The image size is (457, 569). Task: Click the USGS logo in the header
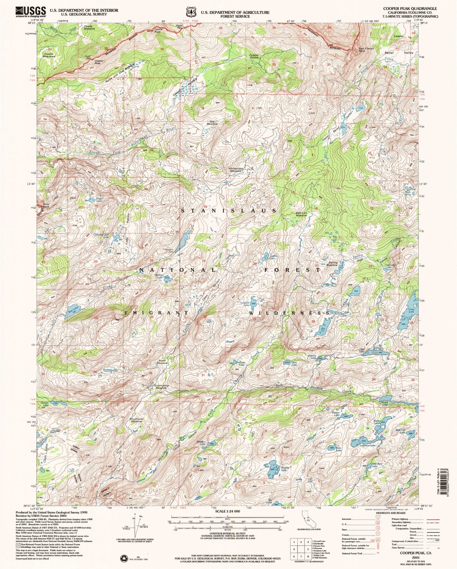tap(30, 12)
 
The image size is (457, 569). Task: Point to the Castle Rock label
tap(158, 31)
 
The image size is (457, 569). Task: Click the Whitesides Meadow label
tap(236, 170)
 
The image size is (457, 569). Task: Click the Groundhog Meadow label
tap(161, 386)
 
